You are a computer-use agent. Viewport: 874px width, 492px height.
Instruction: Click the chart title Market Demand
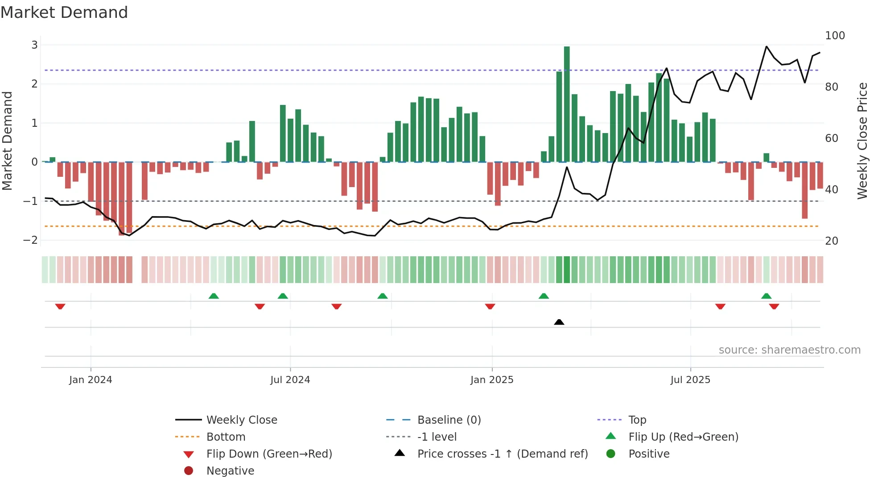click(x=64, y=13)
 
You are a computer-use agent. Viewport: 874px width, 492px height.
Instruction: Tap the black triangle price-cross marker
click(x=559, y=322)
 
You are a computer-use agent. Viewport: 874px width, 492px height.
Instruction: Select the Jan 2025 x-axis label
click(x=492, y=380)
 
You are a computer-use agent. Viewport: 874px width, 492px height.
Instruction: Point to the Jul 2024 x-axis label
click(x=290, y=380)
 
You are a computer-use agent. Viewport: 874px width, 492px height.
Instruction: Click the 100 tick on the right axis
click(x=835, y=36)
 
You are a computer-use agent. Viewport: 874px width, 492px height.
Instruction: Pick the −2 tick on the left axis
click(x=30, y=240)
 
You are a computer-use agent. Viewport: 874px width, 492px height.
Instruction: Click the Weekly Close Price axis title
click(x=862, y=141)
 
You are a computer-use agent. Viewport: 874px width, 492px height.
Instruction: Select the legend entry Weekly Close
click(x=241, y=420)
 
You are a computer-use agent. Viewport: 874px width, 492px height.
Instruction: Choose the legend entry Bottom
click(x=226, y=437)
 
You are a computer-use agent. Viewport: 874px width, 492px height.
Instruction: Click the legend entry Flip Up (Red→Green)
click(x=683, y=437)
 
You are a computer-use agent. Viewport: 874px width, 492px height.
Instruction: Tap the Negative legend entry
click(x=230, y=471)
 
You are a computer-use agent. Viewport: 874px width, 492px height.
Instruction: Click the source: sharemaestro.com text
click(x=789, y=350)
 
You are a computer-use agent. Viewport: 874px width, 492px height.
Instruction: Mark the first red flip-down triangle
click(x=60, y=306)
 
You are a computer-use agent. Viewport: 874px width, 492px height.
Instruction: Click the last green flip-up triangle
click(x=766, y=296)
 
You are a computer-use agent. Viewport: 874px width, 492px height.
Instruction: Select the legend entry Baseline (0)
click(x=449, y=420)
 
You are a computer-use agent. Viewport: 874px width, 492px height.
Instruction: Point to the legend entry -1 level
click(x=437, y=437)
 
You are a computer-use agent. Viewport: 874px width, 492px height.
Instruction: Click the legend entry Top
click(x=637, y=420)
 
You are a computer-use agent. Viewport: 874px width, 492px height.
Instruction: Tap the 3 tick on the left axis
click(x=34, y=45)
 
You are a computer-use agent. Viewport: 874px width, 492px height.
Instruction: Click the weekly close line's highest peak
click(x=767, y=46)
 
